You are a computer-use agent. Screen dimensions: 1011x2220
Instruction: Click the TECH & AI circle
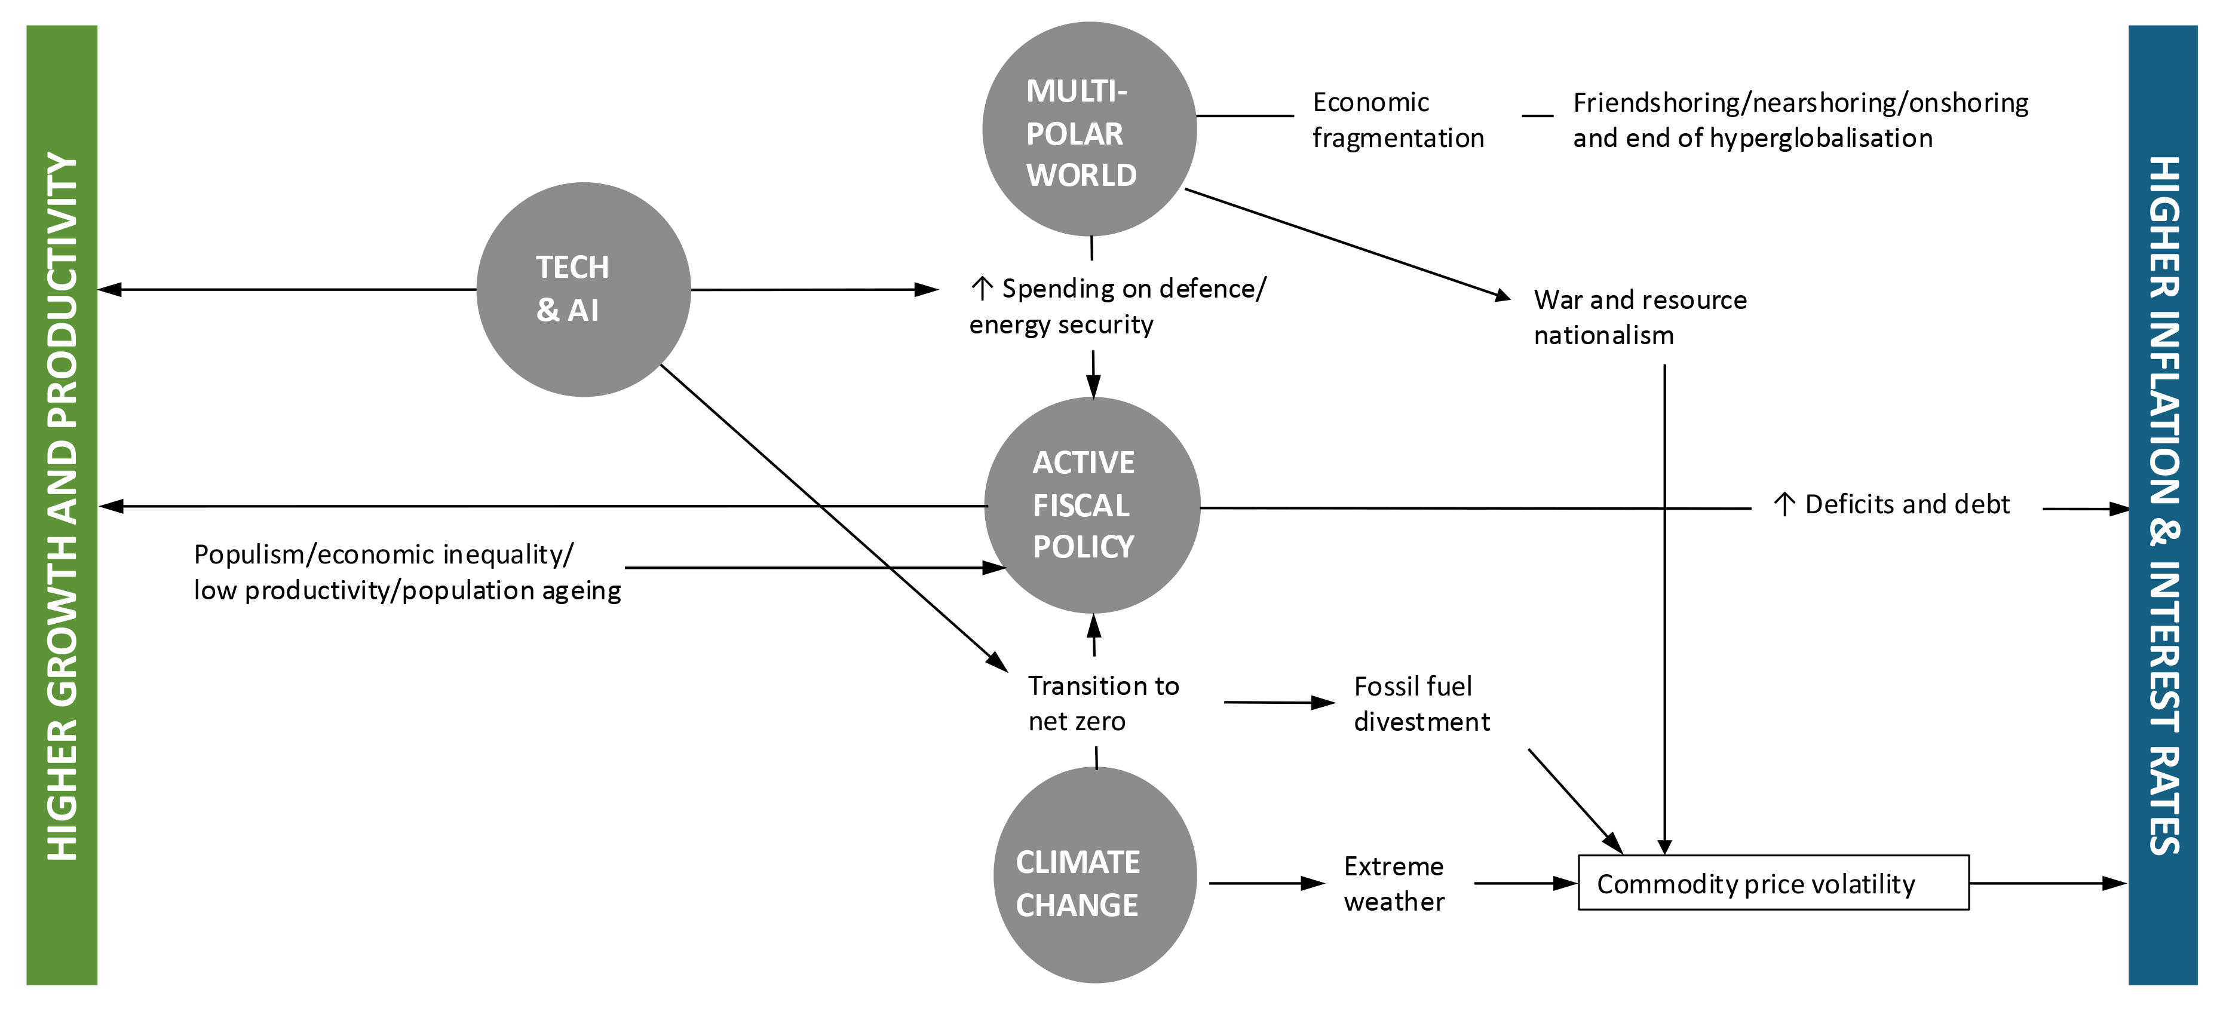tap(584, 290)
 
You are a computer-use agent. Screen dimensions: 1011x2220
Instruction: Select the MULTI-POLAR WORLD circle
tap(1089, 129)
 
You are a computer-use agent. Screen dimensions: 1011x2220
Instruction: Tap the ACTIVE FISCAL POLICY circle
tap(1092, 505)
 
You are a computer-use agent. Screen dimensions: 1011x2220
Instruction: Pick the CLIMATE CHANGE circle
tap(1094, 875)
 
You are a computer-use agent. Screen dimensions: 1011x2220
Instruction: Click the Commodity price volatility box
tap(1773, 883)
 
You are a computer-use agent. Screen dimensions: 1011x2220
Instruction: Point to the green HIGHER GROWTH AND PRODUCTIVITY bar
tap(62, 505)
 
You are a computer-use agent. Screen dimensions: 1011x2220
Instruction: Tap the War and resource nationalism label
tap(1639, 317)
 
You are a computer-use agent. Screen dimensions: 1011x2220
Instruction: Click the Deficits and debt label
tap(1906, 504)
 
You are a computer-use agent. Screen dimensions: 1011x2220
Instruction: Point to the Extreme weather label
tap(1394, 884)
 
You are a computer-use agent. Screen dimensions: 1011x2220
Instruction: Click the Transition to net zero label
tap(1103, 703)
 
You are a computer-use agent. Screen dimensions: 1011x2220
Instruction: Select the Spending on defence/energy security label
tap(1118, 306)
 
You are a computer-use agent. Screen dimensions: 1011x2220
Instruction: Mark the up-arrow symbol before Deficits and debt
tap(1784, 504)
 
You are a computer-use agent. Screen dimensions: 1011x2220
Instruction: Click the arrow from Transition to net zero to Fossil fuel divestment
tap(1279, 703)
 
